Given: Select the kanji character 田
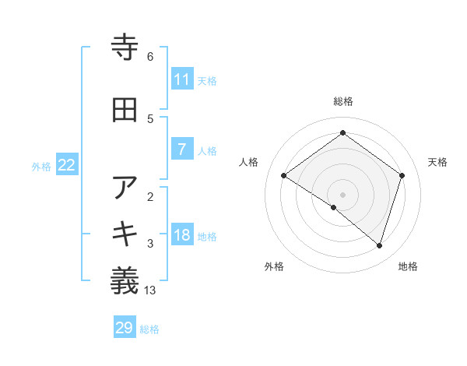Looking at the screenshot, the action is pos(125,110).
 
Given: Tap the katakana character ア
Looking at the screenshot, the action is pos(125,188).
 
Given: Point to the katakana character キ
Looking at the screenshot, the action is pos(125,234).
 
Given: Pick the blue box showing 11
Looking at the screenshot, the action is pos(182,79).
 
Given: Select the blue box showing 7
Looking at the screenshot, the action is pos(182,150).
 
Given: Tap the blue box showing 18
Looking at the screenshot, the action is pos(182,236).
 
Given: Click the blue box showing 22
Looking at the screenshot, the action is pos(67,165).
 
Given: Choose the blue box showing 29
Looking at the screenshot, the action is pos(125,328).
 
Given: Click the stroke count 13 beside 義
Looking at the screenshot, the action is pos(151,290).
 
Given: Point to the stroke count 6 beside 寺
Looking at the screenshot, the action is pos(150,57).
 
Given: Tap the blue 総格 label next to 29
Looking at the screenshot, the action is pos(150,329).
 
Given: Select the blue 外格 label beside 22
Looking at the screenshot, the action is pos(41,166).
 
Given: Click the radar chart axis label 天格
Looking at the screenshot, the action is pos(438,162).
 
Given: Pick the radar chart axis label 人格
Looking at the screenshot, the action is pos(249,162).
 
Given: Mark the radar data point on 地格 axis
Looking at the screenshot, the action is pos(380,246).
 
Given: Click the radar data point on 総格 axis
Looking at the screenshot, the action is pos(342,133).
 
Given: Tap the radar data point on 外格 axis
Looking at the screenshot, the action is pos(334,207).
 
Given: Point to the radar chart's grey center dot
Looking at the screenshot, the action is pos(342,194).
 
